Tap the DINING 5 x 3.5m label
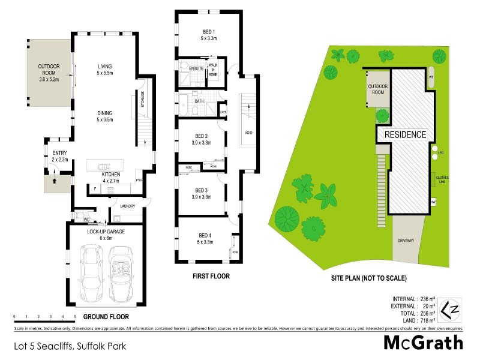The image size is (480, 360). click(106, 116)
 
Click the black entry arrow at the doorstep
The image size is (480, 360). click(55, 179)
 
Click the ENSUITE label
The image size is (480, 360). click(196, 69)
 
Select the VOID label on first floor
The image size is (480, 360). click(248, 133)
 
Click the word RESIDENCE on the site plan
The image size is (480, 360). click(405, 134)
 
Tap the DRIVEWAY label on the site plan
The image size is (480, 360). click(406, 239)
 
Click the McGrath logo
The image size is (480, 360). click(424, 343)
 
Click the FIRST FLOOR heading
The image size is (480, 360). click(211, 277)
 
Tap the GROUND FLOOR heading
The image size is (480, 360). click(106, 316)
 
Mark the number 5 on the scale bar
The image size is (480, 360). click(74, 316)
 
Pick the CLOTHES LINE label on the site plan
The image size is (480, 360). click(443, 179)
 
